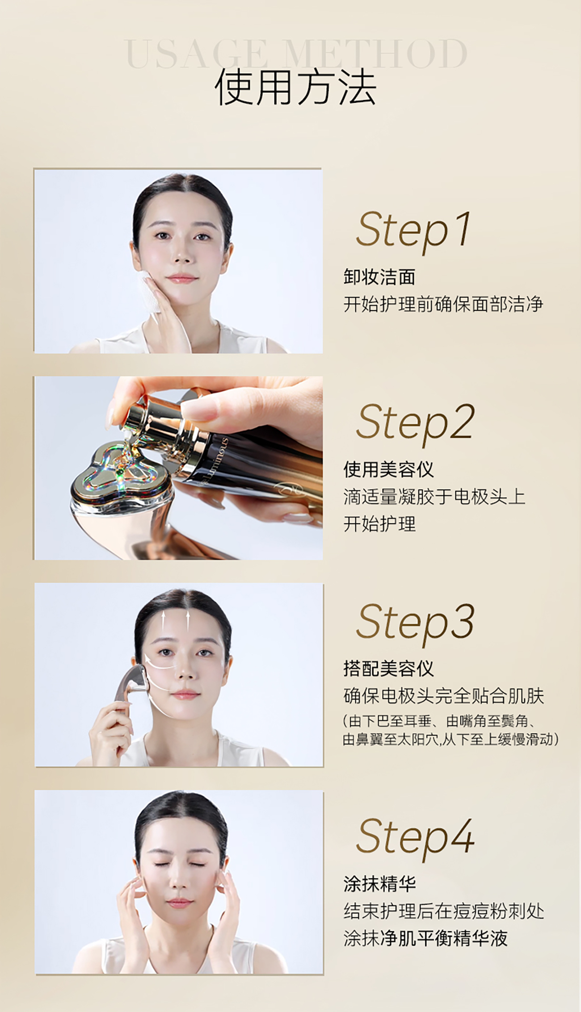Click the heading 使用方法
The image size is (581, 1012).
click(295, 87)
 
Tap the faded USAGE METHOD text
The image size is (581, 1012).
click(295, 54)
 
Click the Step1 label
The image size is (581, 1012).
click(413, 231)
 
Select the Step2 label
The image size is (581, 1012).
click(415, 424)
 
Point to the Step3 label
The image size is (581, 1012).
click(415, 623)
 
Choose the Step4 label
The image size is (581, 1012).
click(415, 838)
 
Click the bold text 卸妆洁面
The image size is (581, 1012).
click(379, 277)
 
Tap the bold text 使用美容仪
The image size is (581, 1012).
click(388, 469)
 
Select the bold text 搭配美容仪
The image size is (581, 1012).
click(388, 669)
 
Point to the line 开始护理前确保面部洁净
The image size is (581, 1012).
click(443, 304)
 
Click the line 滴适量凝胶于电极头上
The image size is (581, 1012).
click(434, 497)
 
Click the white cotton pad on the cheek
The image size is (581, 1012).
click(149, 290)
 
